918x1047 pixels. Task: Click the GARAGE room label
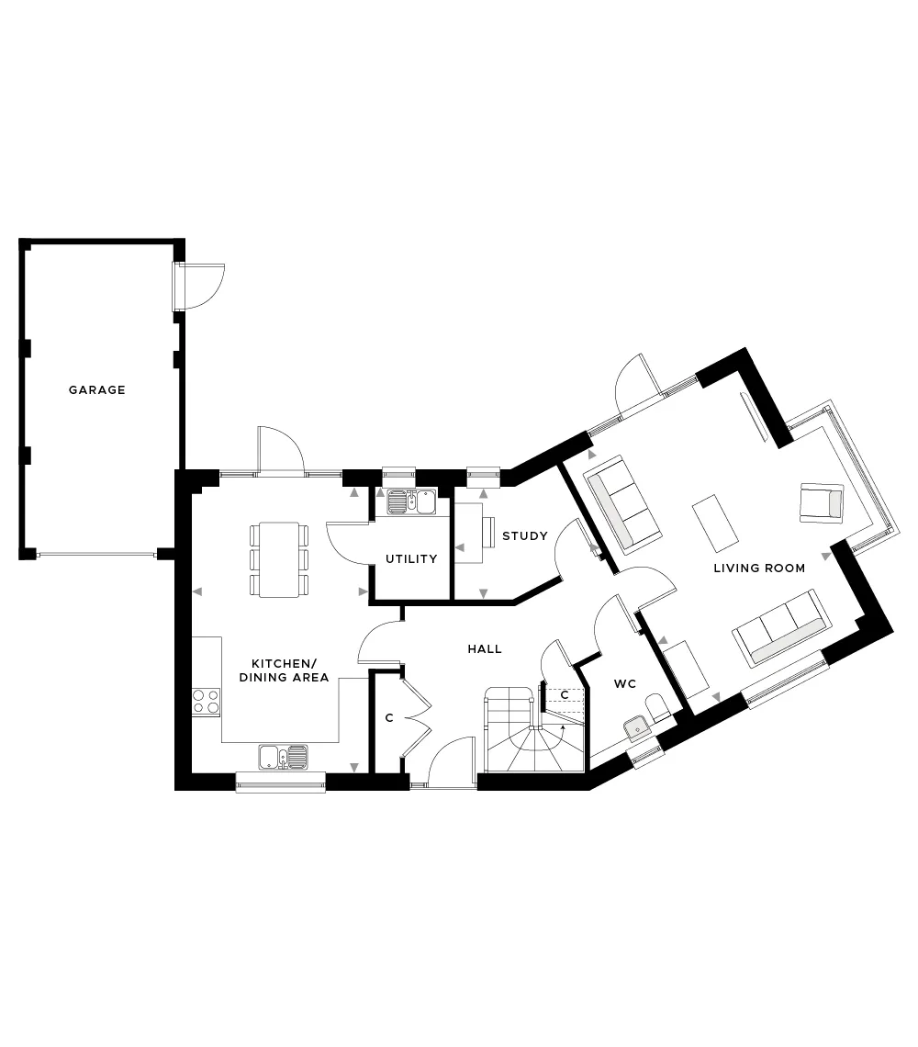(96, 390)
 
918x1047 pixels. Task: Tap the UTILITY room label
(411, 559)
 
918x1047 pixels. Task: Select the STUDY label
(525, 535)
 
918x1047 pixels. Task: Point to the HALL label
(485, 648)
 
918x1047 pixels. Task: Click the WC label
(625, 683)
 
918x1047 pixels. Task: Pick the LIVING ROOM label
(759, 569)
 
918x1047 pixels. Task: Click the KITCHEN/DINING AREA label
(284, 670)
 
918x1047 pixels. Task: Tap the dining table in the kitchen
(279, 559)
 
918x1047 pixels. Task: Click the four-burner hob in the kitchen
(207, 702)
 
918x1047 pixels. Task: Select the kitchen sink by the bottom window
(284, 757)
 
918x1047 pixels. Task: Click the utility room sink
(411, 502)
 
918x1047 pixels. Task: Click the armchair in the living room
(822, 502)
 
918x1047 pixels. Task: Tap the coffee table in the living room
(716, 523)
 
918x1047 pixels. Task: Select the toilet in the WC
(657, 708)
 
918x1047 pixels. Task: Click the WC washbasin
(637, 728)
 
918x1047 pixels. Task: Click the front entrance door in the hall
(452, 762)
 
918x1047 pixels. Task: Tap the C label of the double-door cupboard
(389, 718)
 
